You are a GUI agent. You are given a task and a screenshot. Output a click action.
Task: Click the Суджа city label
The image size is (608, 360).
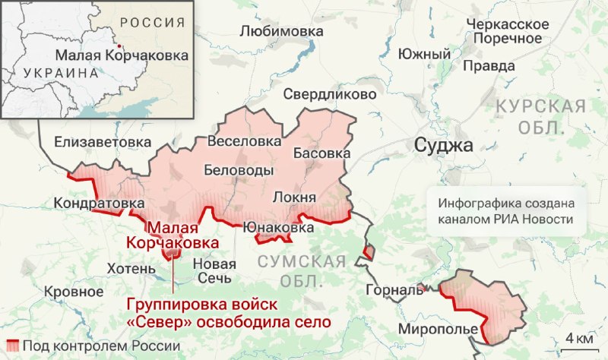(x=443, y=145)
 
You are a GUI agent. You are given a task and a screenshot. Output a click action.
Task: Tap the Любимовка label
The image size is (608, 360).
(x=281, y=32)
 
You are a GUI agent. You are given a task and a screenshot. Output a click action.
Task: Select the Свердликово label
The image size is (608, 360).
(x=329, y=95)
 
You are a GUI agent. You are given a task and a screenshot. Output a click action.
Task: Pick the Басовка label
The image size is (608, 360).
(x=321, y=153)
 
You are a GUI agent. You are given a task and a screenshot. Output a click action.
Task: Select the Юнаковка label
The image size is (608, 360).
(x=278, y=227)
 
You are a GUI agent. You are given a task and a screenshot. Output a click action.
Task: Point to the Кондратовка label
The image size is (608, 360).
(x=99, y=204)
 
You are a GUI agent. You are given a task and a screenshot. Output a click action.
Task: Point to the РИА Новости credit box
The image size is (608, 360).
(x=505, y=212)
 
